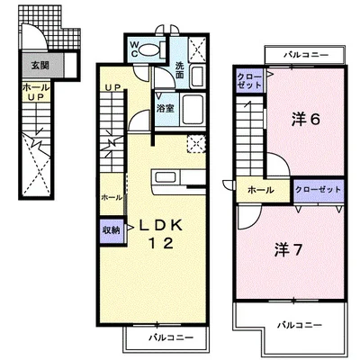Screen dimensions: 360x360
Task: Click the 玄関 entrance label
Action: click(40, 65)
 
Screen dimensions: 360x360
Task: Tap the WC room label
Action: click(134, 49)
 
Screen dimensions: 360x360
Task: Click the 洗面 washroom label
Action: click(179, 70)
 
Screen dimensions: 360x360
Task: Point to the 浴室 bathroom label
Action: click(166, 108)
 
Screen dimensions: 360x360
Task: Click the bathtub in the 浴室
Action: click(193, 110)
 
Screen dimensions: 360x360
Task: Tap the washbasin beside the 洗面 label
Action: click(197, 76)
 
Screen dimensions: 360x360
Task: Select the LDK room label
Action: click(160, 226)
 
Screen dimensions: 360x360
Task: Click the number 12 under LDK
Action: click(161, 243)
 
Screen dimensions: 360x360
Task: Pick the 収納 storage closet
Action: click(112, 230)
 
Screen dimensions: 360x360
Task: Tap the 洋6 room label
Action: click(306, 120)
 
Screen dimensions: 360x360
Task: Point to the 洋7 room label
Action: click(288, 250)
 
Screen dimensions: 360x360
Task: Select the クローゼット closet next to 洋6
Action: click(249, 80)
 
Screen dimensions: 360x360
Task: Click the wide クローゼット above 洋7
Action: click(319, 190)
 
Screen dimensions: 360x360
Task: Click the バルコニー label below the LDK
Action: click(171, 337)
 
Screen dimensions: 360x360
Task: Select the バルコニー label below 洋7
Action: click(299, 325)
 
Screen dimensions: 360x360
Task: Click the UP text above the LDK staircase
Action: click(112, 87)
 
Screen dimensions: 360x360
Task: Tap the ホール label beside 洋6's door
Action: click(260, 190)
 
